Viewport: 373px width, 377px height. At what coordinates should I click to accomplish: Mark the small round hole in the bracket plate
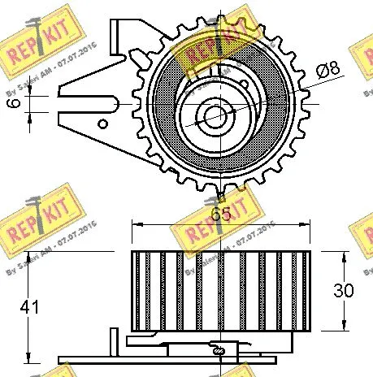(x=102, y=124)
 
